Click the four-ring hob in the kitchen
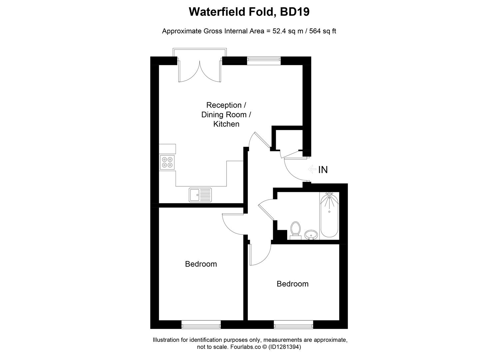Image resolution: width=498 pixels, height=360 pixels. [167, 162]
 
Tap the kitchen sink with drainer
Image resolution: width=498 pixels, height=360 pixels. [200, 195]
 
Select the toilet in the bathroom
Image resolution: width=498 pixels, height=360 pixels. [295, 230]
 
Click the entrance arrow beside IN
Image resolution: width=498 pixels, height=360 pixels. [312, 170]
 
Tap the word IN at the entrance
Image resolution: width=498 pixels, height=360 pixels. [323, 170]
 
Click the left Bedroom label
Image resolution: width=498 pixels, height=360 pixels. [201, 264]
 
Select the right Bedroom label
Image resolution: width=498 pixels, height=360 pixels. [292, 284]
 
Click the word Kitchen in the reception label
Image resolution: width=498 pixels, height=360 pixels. [226, 124]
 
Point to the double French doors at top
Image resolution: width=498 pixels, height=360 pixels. [200, 70]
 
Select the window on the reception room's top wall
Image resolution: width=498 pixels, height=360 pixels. [263, 59]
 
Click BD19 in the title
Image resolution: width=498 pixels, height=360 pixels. [295, 12]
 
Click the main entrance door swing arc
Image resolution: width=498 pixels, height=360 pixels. [293, 170]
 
